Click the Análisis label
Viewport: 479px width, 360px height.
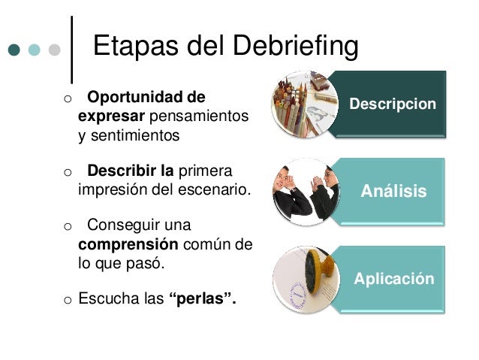coord(393,191)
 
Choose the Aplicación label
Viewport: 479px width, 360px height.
coord(393,279)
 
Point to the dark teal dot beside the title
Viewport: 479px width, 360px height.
coord(14,50)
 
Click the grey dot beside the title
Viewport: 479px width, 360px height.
coord(54,50)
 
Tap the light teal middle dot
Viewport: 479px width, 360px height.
coord(34,50)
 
